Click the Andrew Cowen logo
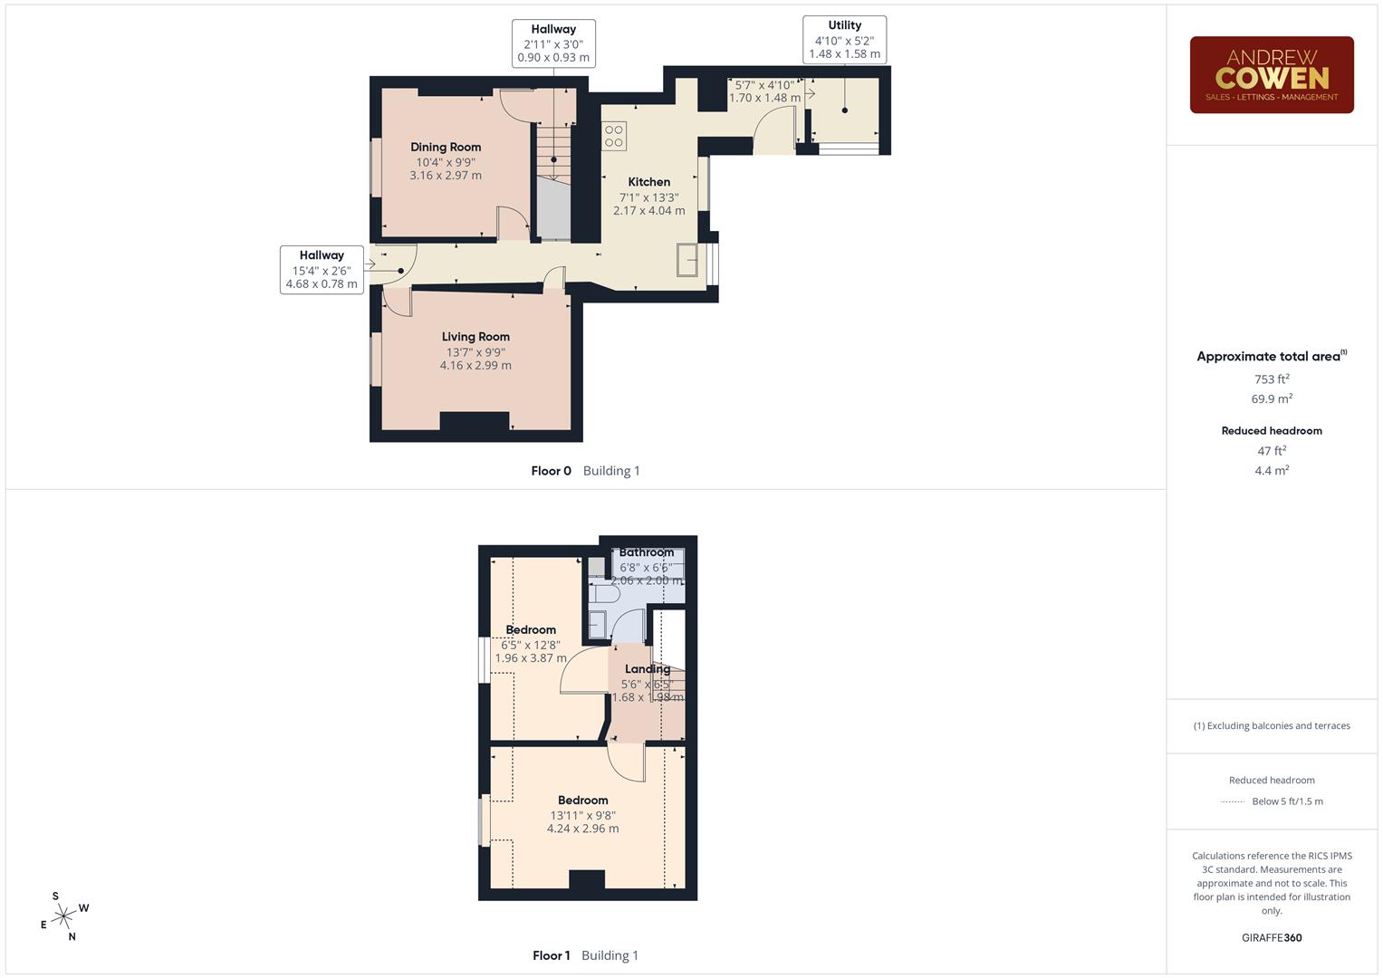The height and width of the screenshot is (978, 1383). click(1271, 74)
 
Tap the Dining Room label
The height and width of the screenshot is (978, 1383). click(446, 147)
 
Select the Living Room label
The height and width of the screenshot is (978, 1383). click(475, 337)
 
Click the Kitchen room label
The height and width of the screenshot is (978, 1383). click(649, 182)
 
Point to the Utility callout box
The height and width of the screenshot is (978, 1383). click(844, 40)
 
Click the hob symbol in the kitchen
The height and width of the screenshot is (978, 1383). click(615, 136)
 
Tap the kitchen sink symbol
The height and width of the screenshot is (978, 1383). click(687, 260)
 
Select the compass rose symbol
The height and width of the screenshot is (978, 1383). click(63, 917)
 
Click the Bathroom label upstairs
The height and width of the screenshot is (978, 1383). click(647, 552)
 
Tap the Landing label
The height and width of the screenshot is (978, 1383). click(647, 669)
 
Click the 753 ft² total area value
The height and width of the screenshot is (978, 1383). click(1272, 379)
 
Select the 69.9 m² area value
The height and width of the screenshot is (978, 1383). click(1272, 398)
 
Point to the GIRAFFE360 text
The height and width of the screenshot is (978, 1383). click(1272, 938)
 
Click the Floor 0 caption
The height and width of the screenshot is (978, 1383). click(551, 471)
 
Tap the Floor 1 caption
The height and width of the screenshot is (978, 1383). click(551, 955)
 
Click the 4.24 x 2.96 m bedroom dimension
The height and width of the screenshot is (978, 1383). click(582, 829)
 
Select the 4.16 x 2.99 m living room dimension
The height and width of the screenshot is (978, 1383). click(475, 366)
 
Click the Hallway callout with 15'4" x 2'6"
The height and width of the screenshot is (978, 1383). click(322, 270)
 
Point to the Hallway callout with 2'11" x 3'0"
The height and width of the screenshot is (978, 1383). click(553, 43)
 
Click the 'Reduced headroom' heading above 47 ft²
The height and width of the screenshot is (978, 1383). click(1272, 431)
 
